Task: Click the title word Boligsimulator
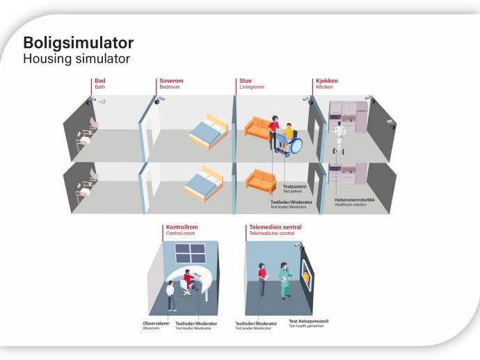(x=79, y=43)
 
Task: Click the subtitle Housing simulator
(x=77, y=58)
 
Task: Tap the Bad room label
(x=99, y=81)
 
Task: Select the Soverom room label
(x=171, y=81)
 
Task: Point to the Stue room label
(x=246, y=81)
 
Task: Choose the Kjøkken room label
(x=327, y=81)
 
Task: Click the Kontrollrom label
(x=182, y=227)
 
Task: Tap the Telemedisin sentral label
(x=275, y=227)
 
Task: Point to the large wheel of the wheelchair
(x=296, y=145)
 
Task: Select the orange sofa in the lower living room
(x=262, y=181)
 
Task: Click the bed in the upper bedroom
(x=209, y=132)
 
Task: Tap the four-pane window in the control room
(x=190, y=253)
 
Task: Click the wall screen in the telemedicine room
(x=306, y=276)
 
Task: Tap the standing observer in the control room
(x=171, y=296)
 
